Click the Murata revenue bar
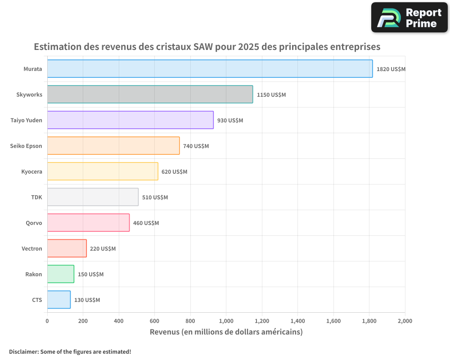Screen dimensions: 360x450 pos(210,69)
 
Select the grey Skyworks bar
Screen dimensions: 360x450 pos(150,94)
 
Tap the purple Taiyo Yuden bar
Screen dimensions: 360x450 pos(130,120)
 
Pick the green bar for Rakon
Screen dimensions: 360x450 pos(60,274)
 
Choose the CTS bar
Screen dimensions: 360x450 pos(58,300)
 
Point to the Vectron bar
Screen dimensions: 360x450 pos(67,248)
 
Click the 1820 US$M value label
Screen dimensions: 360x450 pos(391,69)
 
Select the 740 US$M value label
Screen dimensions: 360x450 pos(196,146)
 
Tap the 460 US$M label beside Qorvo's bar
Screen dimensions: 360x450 pos(146,223)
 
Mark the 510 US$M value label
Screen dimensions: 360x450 pos(155,198)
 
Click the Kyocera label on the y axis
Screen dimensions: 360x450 pos(31,172)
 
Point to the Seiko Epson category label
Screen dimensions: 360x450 pos(26,146)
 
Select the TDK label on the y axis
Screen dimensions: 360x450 pos(36,198)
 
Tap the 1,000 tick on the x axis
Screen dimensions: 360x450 pos(226,321)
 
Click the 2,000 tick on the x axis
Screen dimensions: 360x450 pos(405,321)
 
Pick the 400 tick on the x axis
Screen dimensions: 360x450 pos(119,321)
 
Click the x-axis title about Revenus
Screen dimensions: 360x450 pos(226,332)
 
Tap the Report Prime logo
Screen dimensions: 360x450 pos(409,18)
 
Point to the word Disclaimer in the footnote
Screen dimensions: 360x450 pos(23,351)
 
